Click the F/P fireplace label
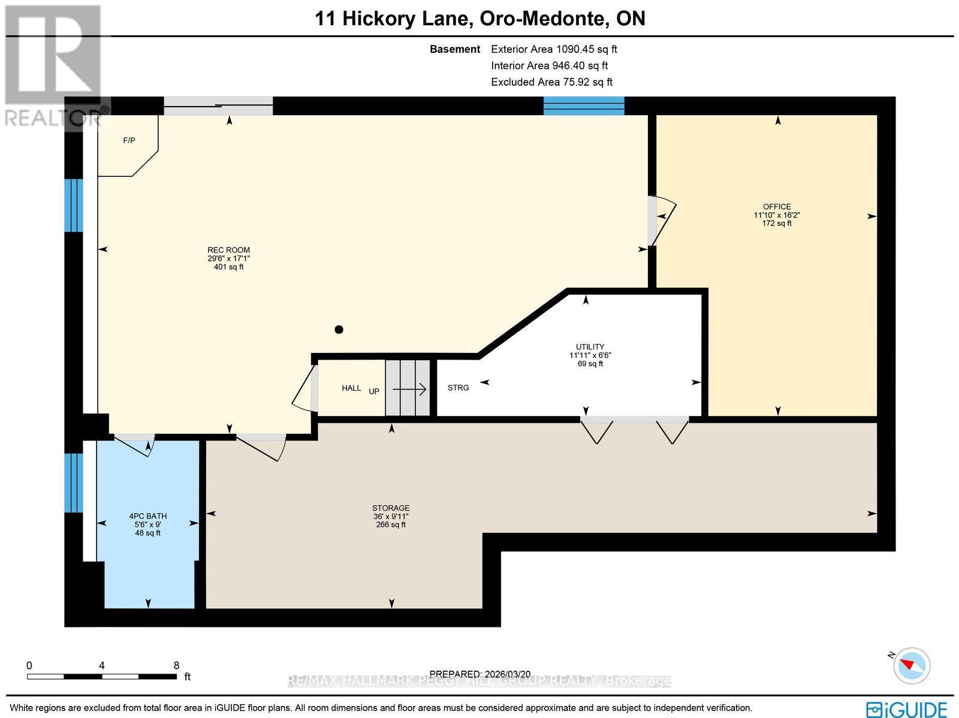[x=129, y=140]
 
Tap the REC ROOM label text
[x=228, y=250]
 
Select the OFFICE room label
[x=777, y=207]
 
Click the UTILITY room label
[x=590, y=346]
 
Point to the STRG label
[x=458, y=388]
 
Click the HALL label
[x=351, y=388]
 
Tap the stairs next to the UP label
[x=408, y=388]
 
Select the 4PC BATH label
[x=147, y=516]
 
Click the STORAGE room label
[x=391, y=508]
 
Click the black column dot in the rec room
[x=339, y=329]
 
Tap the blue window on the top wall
[x=583, y=105]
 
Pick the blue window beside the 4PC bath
[x=74, y=482]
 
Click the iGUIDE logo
[x=906, y=708]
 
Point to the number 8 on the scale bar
[x=176, y=665]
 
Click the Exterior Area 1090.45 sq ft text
[x=554, y=49]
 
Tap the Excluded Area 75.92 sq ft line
[x=551, y=82]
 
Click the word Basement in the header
[x=455, y=49]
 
